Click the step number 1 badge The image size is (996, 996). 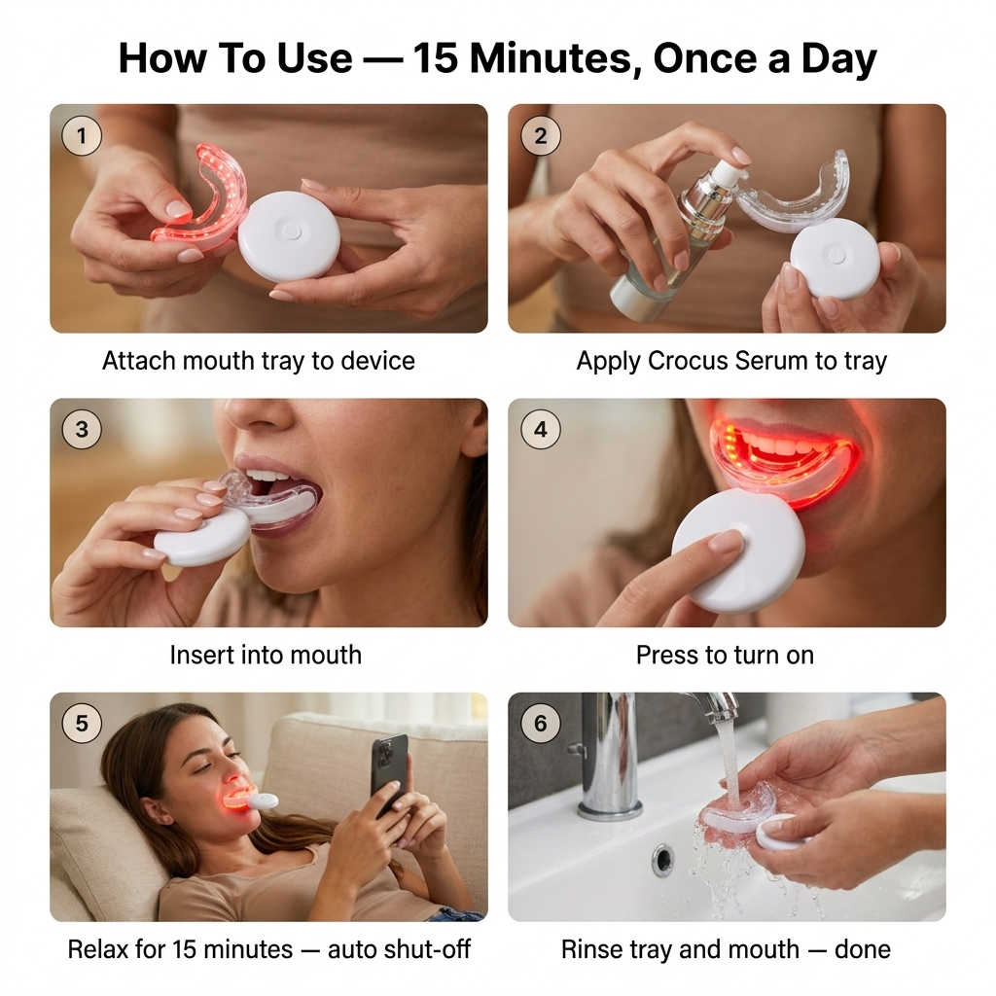(x=82, y=136)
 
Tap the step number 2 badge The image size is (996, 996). (x=541, y=136)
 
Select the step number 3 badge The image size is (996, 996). (x=82, y=429)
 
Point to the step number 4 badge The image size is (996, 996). (x=541, y=429)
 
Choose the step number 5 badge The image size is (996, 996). (x=82, y=724)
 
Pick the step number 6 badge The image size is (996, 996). (x=541, y=724)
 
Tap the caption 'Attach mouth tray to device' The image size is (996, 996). (x=259, y=361)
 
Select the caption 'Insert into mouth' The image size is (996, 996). (x=266, y=655)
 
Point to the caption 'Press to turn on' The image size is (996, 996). (x=725, y=655)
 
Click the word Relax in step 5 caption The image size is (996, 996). (x=97, y=948)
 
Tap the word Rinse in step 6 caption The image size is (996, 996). (x=592, y=948)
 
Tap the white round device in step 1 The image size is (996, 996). (x=289, y=236)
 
